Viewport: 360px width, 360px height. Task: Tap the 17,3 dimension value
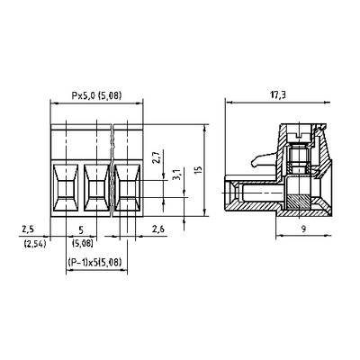277,95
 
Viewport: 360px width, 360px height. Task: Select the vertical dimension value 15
198,170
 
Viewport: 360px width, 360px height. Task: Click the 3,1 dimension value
177,174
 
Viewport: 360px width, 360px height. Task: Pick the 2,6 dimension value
158,229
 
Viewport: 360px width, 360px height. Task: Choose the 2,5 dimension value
28,229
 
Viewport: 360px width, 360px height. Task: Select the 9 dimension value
303,229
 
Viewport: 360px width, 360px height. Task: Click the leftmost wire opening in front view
66,188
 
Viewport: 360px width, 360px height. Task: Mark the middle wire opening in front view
96,188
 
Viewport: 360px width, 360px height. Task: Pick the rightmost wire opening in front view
128,188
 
